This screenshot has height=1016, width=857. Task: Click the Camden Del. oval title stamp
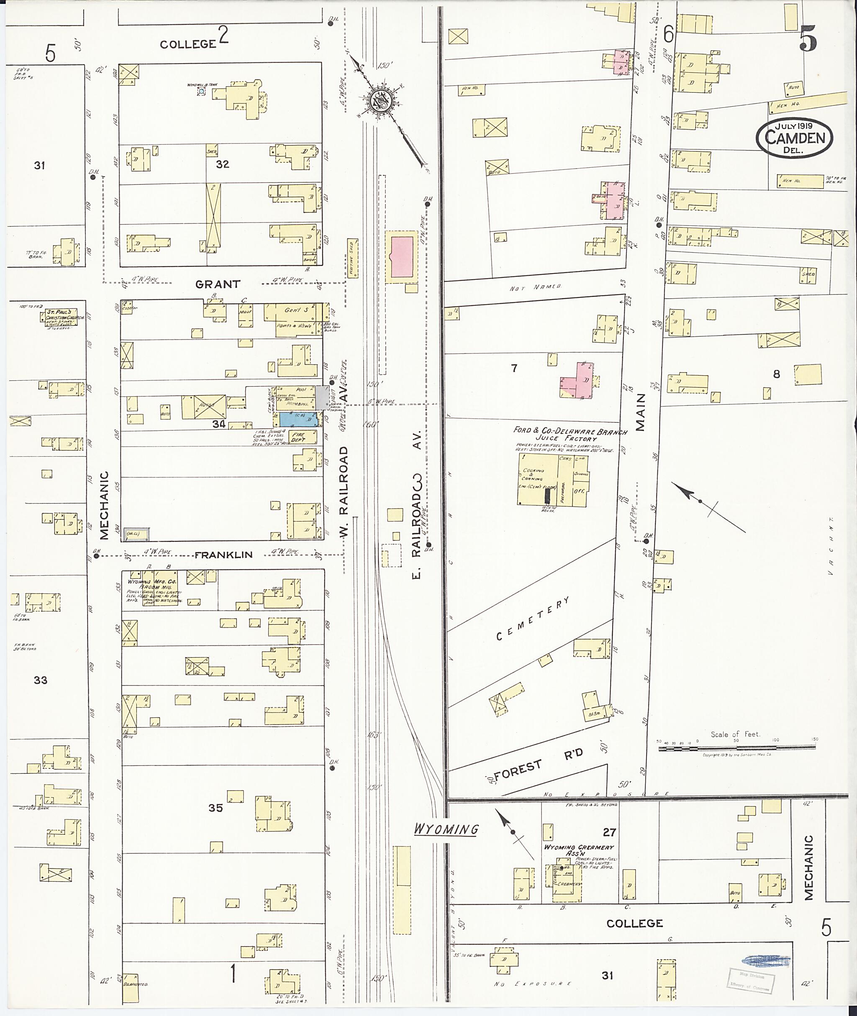[x=794, y=138]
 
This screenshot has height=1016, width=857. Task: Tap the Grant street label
[x=218, y=284]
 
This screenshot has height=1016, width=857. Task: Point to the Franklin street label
[x=223, y=554]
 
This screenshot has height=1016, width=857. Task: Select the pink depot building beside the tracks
[x=402, y=258]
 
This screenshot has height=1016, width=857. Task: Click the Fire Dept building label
[x=298, y=437]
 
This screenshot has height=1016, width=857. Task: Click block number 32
[x=222, y=164]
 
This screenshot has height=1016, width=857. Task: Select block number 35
[x=215, y=808]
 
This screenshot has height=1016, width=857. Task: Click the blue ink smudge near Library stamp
[x=766, y=960]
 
